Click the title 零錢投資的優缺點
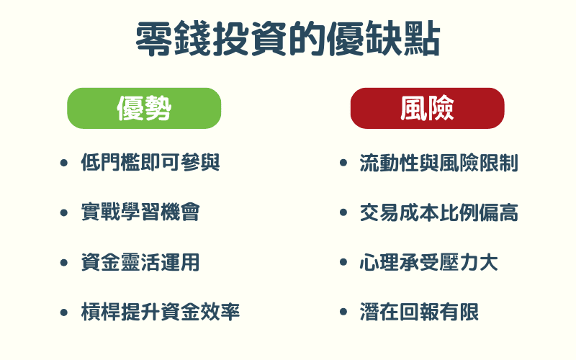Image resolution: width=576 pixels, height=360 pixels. tap(288, 40)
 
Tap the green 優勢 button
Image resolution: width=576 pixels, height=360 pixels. tap(144, 108)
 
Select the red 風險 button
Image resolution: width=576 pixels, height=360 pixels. tap(427, 108)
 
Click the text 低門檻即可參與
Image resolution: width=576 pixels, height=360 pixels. tap(150, 163)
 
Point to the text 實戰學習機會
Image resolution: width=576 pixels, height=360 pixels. tap(140, 212)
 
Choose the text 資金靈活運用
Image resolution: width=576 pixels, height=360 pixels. tap(140, 262)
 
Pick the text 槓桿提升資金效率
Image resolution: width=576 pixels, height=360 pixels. tap(160, 312)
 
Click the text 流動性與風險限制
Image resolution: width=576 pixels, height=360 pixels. tap(438, 163)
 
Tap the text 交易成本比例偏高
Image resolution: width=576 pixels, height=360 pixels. tap(438, 212)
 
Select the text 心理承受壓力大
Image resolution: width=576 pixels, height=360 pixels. tap(428, 262)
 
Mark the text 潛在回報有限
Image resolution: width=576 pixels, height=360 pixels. tap(418, 312)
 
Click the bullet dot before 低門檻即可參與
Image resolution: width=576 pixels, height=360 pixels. tap(64, 163)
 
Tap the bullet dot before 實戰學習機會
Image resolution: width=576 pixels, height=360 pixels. tap(64, 213)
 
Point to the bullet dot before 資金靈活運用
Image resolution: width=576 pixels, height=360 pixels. tap(64, 263)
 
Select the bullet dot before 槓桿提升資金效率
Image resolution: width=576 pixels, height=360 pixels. tap(64, 312)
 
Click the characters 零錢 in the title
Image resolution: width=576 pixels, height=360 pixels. tap(171, 40)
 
